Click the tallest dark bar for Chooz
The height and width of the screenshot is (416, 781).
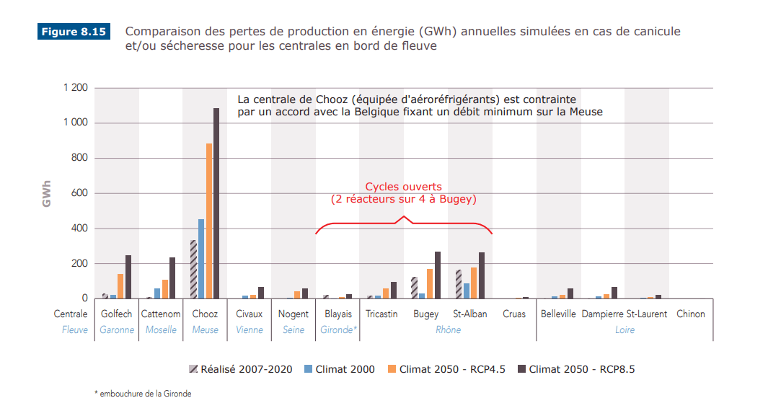pyautogui.click(x=216, y=203)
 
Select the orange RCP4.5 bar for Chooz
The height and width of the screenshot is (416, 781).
pyautogui.click(x=209, y=221)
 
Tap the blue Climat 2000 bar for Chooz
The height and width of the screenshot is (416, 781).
pyautogui.click(x=201, y=259)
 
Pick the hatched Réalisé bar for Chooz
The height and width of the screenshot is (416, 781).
pyautogui.click(x=193, y=270)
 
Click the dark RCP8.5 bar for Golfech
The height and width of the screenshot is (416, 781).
pyautogui.click(x=128, y=277)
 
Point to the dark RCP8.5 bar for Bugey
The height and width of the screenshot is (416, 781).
pyautogui.click(x=437, y=275)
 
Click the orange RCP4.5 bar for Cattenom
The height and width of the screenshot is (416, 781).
pyautogui.click(x=164, y=289)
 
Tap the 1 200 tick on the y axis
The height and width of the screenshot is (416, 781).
pyautogui.click(x=74, y=88)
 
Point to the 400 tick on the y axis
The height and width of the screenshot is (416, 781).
pyautogui.click(x=78, y=229)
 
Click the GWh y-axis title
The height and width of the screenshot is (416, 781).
pyautogui.click(x=47, y=193)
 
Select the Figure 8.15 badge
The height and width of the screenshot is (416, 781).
pyautogui.click(x=74, y=32)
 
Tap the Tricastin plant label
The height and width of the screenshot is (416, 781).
pyautogui.click(x=381, y=314)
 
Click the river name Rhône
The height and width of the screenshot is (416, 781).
pyautogui.click(x=448, y=329)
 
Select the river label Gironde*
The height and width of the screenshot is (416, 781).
pyautogui.click(x=339, y=329)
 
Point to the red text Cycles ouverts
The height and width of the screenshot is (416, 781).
pyautogui.click(x=403, y=187)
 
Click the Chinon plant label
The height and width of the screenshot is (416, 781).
pyautogui.click(x=690, y=314)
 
